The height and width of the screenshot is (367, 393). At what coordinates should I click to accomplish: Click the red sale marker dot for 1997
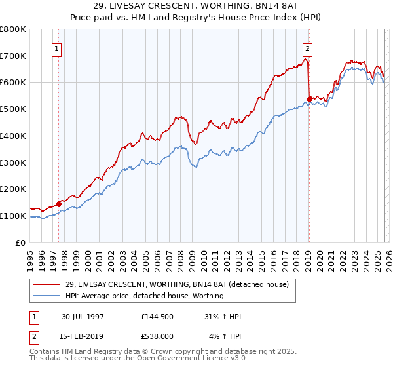(59, 203)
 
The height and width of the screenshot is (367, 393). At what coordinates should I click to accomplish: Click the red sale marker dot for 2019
(309, 99)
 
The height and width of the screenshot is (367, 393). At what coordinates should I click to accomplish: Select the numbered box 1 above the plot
(57, 48)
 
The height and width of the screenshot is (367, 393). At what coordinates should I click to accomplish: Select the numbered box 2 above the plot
(307, 48)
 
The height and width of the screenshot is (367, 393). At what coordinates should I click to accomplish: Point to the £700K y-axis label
(13, 56)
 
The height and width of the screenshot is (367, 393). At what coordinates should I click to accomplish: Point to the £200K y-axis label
(13, 189)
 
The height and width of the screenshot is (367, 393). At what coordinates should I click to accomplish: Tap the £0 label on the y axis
(20, 242)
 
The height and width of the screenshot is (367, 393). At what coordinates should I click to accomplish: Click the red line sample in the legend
(46, 284)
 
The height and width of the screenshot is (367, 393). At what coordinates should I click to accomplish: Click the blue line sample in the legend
(46, 296)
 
